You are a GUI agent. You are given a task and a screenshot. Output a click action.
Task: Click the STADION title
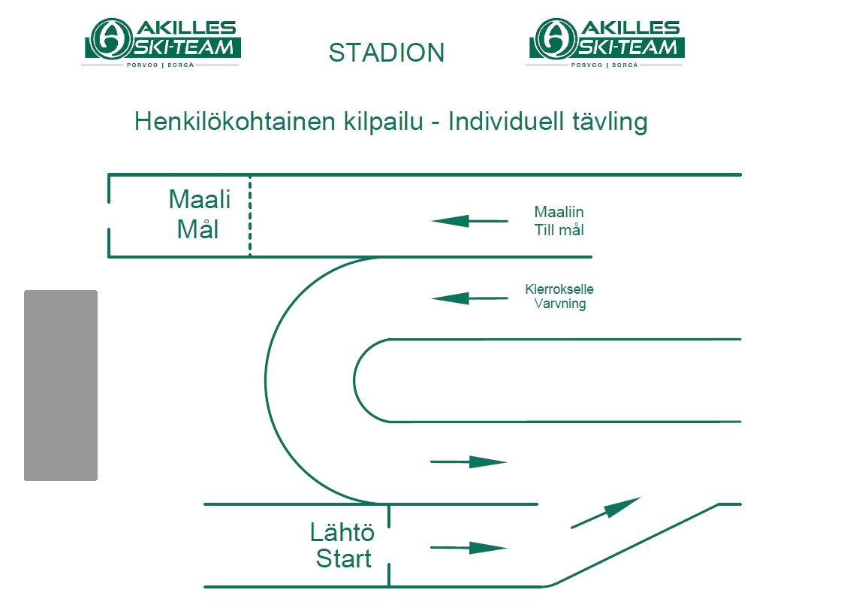(x=386, y=53)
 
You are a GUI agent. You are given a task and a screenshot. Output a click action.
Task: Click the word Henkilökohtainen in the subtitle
(x=234, y=122)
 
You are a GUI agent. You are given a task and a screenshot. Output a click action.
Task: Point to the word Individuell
(x=506, y=122)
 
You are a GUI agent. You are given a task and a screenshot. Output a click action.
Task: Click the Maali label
(x=199, y=199)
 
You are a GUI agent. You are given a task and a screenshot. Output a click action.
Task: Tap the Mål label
(x=197, y=228)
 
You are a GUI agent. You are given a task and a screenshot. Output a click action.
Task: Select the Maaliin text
(x=559, y=212)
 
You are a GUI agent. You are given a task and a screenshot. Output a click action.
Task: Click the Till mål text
(x=559, y=230)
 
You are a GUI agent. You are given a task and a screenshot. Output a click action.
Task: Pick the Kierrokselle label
(x=559, y=289)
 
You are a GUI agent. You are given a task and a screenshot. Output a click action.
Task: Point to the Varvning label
(x=560, y=304)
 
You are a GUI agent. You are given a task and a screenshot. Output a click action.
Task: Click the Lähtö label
(x=342, y=533)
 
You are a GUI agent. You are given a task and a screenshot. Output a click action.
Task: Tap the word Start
(x=343, y=558)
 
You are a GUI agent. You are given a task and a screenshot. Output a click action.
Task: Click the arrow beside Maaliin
(x=469, y=222)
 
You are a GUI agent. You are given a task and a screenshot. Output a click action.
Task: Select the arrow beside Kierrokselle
(x=469, y=298)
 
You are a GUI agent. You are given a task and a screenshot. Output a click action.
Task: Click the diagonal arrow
(x=606, y=513)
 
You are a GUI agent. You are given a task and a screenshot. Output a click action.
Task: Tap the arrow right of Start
(x=469, y=548)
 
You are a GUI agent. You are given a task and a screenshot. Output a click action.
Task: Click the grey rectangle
(x=61, y=386)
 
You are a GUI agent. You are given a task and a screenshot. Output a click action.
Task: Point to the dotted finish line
(x=250, y=216)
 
